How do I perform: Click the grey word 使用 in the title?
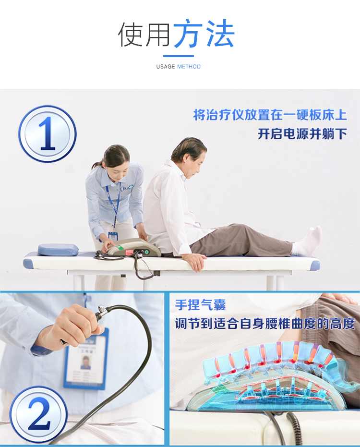pos(144,35)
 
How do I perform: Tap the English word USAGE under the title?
pos(166,67)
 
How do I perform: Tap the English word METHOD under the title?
pos(189,67)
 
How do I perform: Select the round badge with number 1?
pos(47,134)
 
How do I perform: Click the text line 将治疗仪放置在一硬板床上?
pos(270,115)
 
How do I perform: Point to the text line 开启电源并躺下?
pos(302,133)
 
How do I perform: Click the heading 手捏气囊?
pos(200,305)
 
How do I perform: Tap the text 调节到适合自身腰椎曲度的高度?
pos(265,324)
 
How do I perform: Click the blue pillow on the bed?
pos(58,250)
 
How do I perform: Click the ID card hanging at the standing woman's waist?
pos(113,236)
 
